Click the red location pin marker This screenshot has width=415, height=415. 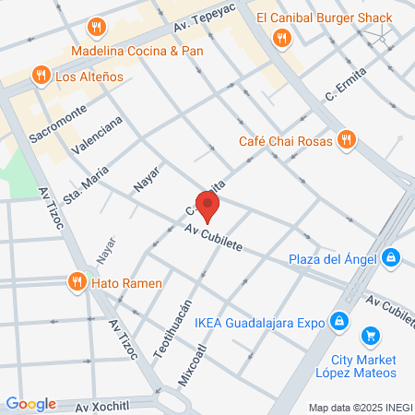click(208, 207)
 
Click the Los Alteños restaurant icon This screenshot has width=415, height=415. click(40, 75)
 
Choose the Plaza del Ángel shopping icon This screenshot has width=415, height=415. click(391, 258)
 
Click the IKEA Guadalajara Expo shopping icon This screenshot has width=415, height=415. click(339, 322)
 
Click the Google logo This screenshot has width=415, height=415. click(30, 404)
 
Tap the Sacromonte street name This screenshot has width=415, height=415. click(57, 122)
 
